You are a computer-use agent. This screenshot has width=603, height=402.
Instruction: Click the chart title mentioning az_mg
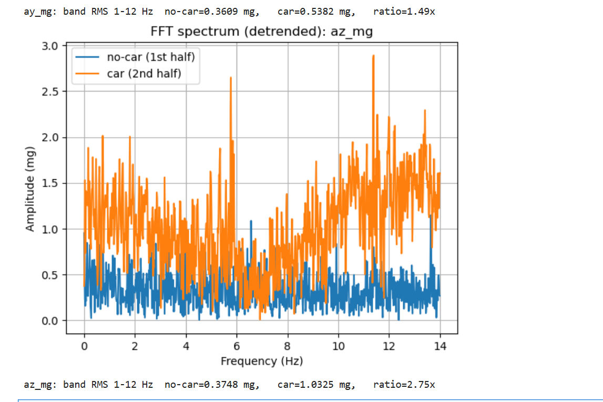[x=261, y=32]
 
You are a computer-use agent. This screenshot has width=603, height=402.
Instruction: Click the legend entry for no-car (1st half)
[x=154, y=57]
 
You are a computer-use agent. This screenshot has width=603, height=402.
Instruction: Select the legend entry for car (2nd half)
[x=144, y=73]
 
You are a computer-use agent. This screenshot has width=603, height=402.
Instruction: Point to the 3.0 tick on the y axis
[x=52, y=46]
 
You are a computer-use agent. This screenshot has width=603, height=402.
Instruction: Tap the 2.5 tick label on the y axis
[x=52, y=91]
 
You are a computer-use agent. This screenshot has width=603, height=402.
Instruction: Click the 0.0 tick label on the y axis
[x=52, y=321]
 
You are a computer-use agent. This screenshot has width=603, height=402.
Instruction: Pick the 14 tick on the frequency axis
[x=440, y=346]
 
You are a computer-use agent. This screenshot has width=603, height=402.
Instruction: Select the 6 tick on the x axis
[x=237, y=346]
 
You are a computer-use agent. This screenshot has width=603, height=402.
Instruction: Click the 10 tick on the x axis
[x=338, y=346]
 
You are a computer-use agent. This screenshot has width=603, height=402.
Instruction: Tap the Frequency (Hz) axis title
[x=261, y=361]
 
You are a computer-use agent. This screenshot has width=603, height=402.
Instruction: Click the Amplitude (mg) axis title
[x=30, y=190]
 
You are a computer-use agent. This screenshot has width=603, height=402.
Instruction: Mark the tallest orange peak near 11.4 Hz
[x=373, y=56]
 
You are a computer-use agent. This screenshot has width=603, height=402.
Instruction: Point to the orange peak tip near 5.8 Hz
[x=230, y=78]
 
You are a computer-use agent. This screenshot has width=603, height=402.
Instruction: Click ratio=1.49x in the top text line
[x=404, y=11]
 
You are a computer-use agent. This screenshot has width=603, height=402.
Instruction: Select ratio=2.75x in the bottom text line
[x=404, y=384]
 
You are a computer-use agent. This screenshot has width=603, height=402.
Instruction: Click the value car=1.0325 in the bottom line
[x=316, y=384]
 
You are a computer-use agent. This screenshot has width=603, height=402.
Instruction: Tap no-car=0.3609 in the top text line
[x=212, y=11]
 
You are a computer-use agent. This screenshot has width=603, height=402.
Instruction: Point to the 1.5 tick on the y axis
[x=52, y=183]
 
